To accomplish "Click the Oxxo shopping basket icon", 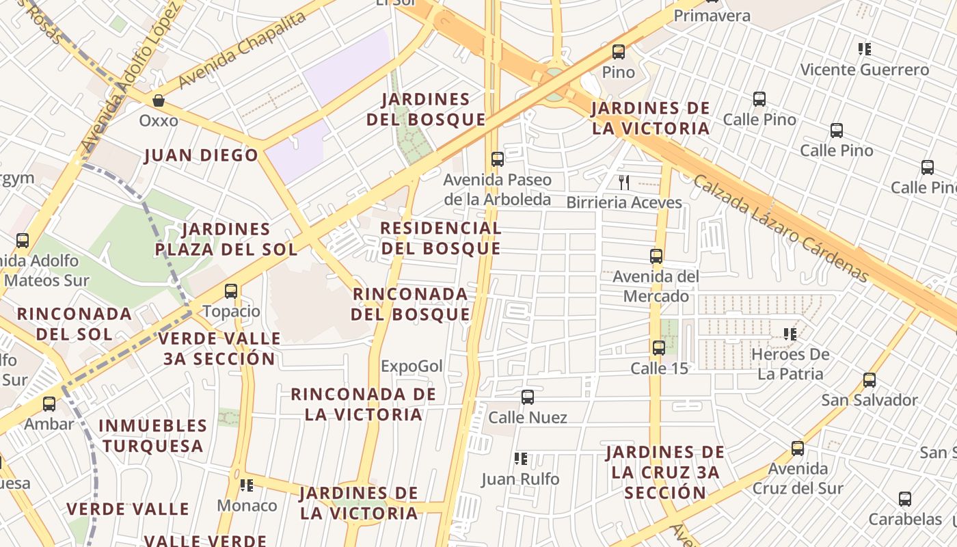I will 159,101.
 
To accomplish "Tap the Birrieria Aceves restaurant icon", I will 623,182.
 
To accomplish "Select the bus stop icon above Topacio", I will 231,291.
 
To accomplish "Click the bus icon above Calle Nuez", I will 527,397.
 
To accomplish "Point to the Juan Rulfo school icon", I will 521,459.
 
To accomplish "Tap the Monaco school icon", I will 247,485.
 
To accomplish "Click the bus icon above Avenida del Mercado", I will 656,256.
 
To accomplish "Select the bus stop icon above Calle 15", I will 659,347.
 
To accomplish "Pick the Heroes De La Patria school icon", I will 790,334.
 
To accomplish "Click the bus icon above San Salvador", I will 870,380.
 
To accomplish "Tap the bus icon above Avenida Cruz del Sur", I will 798,449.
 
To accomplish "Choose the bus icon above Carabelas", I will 905,499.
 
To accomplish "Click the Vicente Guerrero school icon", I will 865,49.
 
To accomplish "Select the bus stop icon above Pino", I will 619,51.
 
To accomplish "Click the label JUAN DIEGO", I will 202,155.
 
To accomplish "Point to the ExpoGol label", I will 412,366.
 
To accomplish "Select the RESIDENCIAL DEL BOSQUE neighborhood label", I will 441,238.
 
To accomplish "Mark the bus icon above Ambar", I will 49,403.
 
